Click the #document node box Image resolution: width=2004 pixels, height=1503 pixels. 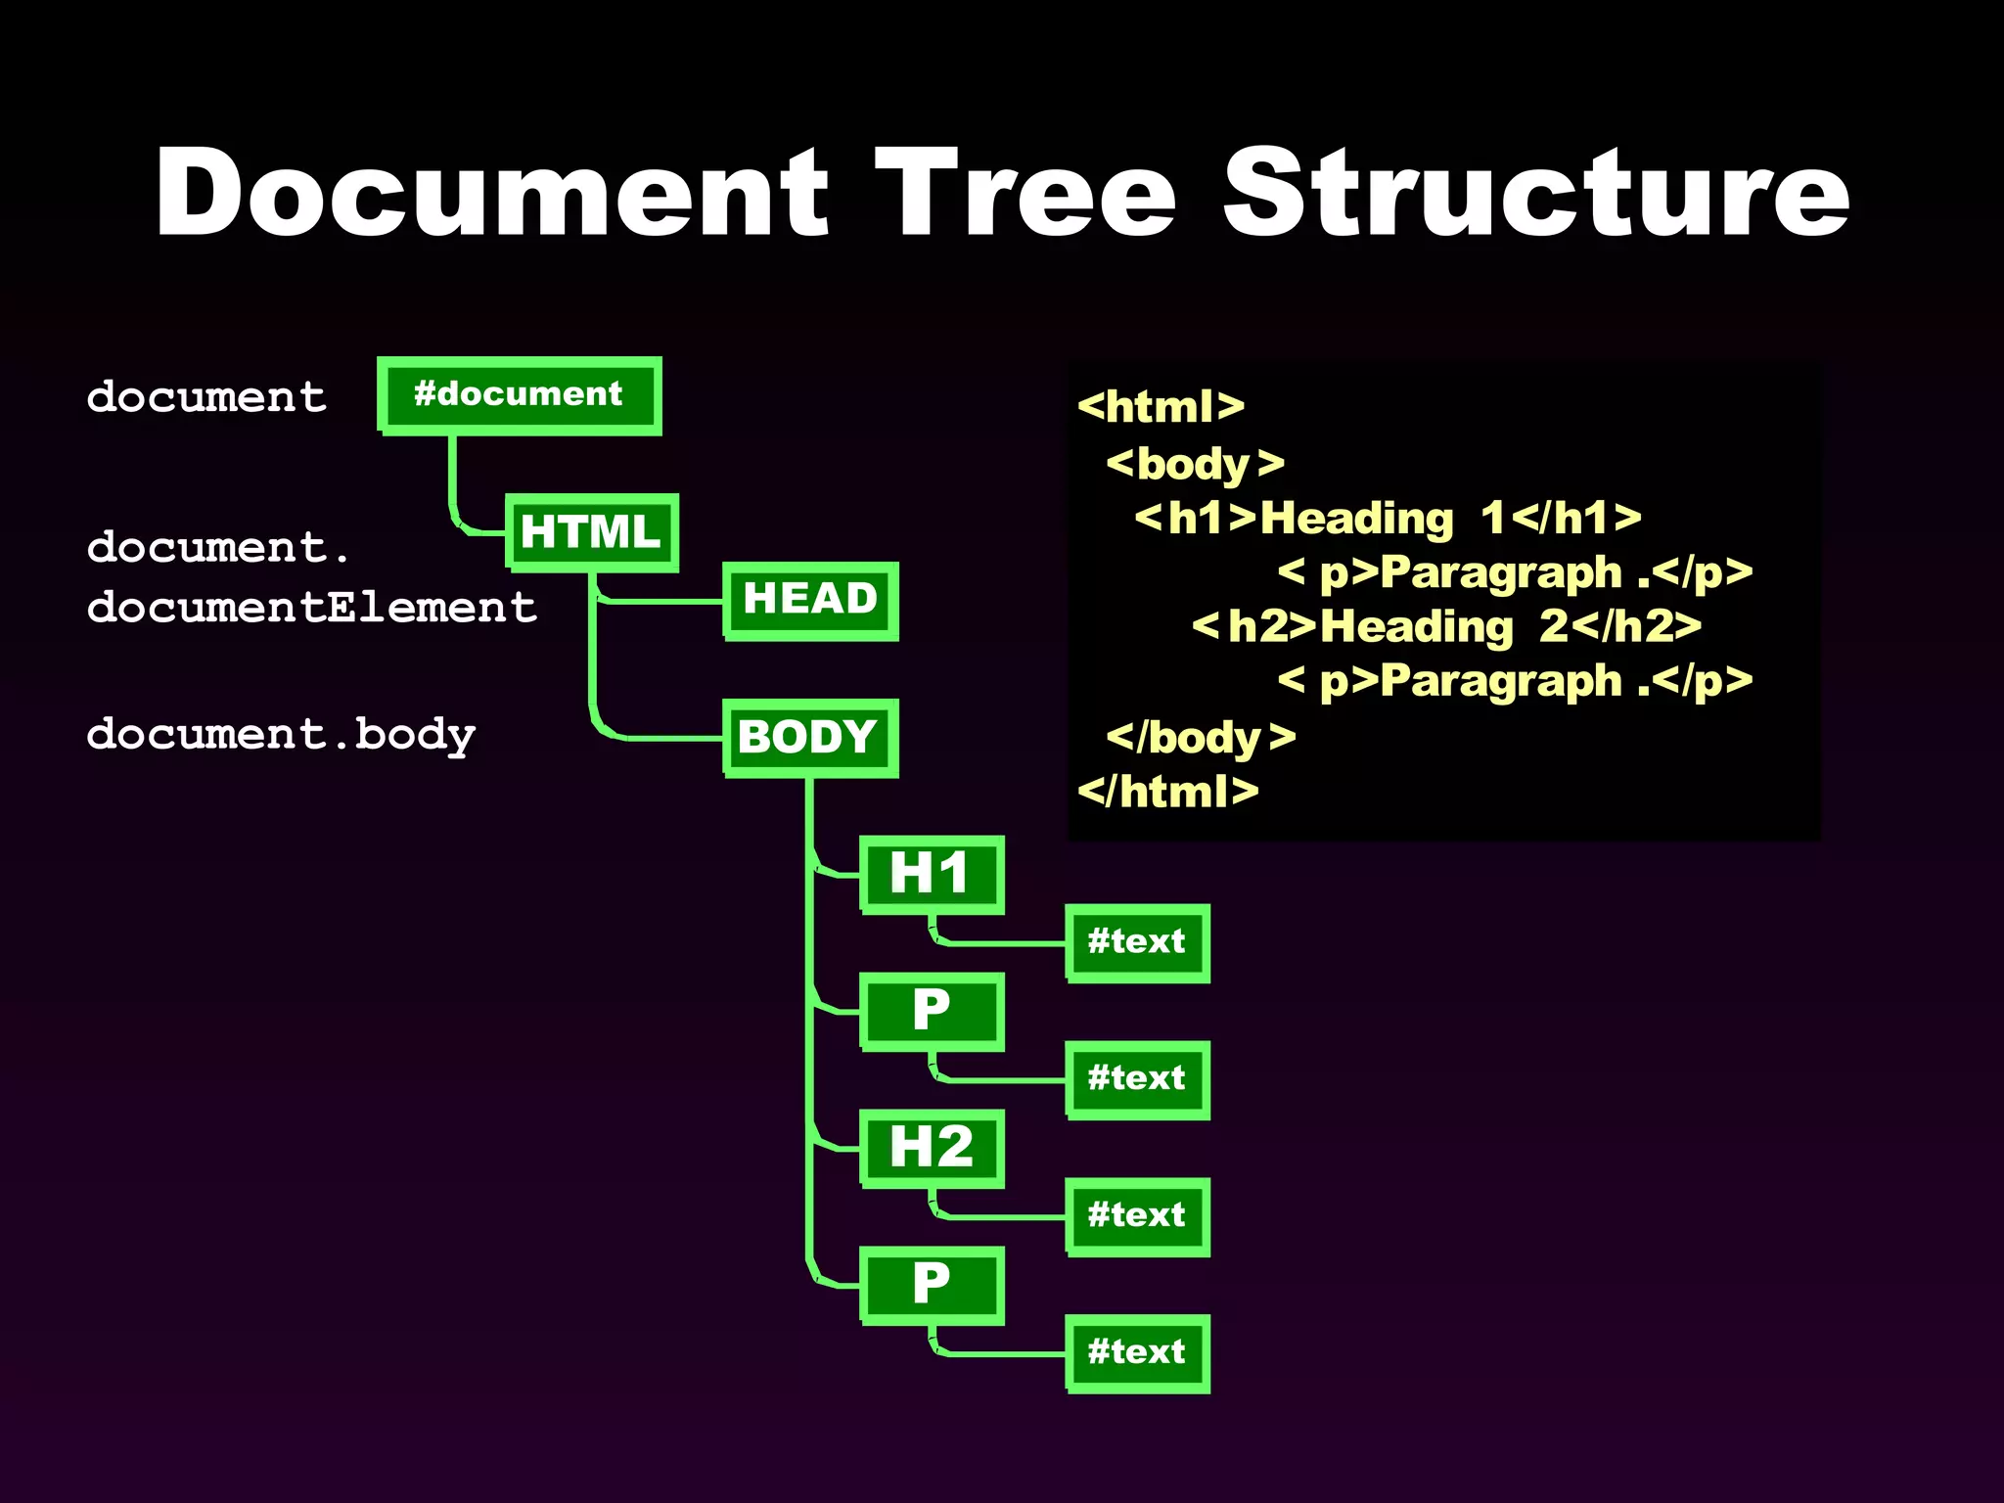pyautogui.click(x=519, y=395)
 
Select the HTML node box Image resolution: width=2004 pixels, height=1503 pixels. pyautogui.click(x=591, y=532)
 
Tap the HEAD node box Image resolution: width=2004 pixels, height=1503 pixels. pyautogui.click(x=810, y=600)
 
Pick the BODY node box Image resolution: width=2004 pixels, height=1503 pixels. pyautogui.click(x=810, y=738)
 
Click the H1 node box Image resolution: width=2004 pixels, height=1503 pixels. pyautogui.click(x=932, y=874)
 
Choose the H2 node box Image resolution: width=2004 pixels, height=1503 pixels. pyautogui.click(x=932, y=1148)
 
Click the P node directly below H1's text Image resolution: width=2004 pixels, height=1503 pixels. pyautogui.click(x=932, y=1011)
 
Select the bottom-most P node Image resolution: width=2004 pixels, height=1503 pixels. pyautogui.click(x=932, y=1285)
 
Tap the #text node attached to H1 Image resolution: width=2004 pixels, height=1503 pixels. pyautogui.click(x=1137, y=942)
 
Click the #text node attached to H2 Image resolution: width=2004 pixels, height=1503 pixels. pyautogui.click(x=1137, y=1216)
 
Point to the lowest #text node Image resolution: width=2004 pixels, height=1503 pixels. pyautogui.click(x=1137, y=1353)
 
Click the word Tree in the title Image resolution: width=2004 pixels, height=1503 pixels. pyautogui.click(x=1025, y=193)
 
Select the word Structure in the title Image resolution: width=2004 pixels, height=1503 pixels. pyautogui.click(x=1536, y=193)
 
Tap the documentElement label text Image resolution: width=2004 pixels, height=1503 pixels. pyautogui.click(x=311, y=608)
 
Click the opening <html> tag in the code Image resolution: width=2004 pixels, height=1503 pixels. pyautogui.click(x=1161, y=407)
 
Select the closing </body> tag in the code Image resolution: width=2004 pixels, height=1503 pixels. pyautogui.click(x=1201, y=738)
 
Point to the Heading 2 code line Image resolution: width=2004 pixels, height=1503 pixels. pyautogui.click(x=1446, y=627)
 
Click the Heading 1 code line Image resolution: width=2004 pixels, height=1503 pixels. pyautogui.click(x=1388, y=519)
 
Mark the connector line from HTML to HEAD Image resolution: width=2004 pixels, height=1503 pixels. pyautogui.click(x=665, y=601)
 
